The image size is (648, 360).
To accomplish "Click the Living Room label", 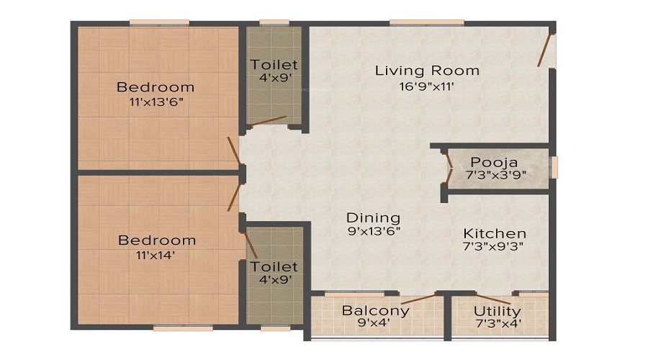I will pyautogui.click(x=427, y=71).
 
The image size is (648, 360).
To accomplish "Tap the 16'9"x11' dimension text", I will pyautogui.click(x=427, y=86).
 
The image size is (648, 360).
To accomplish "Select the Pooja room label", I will pyautogui.click(x=493, y=162).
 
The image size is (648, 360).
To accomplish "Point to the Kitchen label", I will pyautogui.click(x=494, y=233).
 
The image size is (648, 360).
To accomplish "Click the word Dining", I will pyautogui.click(x=373, y=217).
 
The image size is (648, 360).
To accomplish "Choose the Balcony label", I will pyautogui.click(x=375, y=311).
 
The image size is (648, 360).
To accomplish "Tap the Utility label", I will pyautogui.click(x=497, y=311).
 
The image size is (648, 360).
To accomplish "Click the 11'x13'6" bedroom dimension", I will pyautogui.click(x=156, y=102).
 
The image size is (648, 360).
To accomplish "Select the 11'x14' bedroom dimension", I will pyautogui.click(x=157, y=254).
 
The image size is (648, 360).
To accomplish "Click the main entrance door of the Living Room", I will pyautogui.click(x=546, y=50).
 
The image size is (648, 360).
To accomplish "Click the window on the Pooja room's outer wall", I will pyautogui.click(x=554, y=166).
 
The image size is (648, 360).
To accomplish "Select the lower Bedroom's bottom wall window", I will pyautogui.click(x=173, y=328).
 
